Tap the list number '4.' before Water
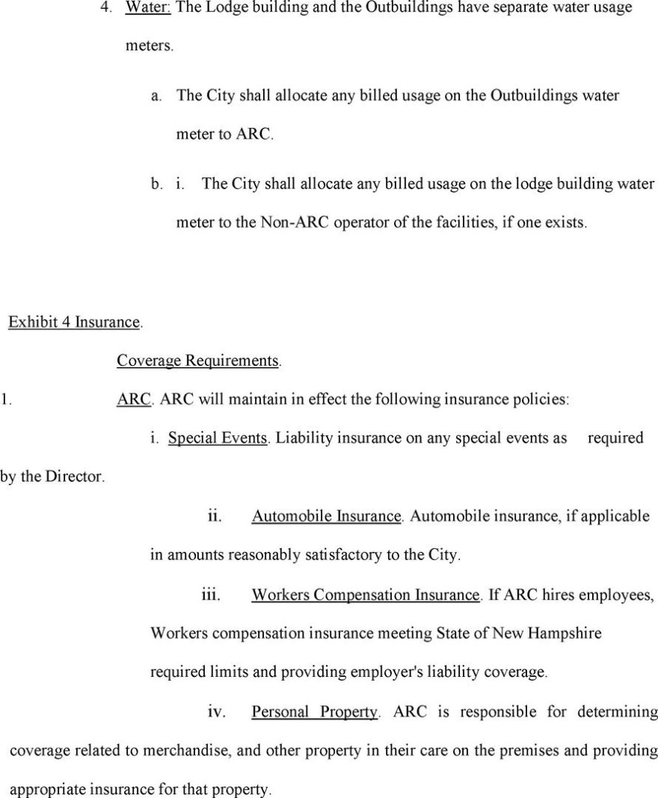(106, 8)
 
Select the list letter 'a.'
(156, 96)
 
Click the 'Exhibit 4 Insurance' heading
(74, 322)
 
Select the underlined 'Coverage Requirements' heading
(198, 360)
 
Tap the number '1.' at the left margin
(5, 399)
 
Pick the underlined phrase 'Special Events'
(218, 438)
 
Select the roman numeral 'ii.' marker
(214, 516)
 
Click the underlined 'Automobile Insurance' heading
(326, 516)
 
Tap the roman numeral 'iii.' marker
(212, 595)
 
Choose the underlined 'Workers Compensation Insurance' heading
(365, 595)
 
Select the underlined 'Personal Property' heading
(314, 712)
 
